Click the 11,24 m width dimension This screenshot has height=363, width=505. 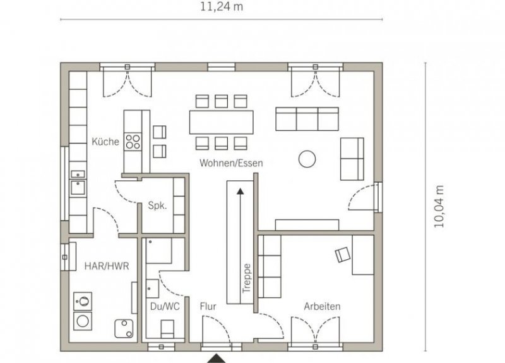[222, 7]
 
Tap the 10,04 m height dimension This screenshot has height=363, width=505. [439, 207]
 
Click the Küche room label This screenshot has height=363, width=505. [105, 142]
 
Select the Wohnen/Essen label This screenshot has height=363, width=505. [231, 163]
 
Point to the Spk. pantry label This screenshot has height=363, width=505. [157, 206]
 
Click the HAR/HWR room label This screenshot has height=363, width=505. [107, 266]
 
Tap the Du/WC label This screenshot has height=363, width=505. [165, 306]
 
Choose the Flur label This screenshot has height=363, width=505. [208, 306]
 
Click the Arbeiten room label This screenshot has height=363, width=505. [322, 306]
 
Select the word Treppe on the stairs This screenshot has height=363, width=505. [247, 278]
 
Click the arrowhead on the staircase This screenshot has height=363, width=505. [241, 192]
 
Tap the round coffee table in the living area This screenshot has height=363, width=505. [307, 159]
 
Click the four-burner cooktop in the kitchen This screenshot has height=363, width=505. [133, 142]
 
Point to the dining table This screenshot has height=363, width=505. [222, 122]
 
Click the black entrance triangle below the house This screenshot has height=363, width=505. [216, 358]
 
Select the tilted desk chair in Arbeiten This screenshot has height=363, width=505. [343, 255]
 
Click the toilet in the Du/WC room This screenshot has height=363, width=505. [167, 329]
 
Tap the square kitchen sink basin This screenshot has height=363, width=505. [78, 188]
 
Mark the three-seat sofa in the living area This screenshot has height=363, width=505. [307, 119]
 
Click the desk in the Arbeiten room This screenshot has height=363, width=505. [363, 255]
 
